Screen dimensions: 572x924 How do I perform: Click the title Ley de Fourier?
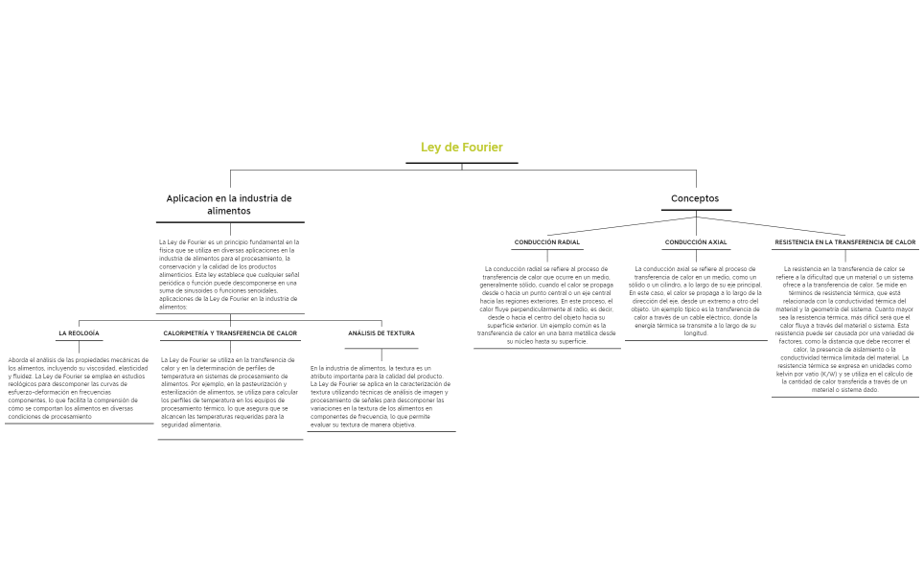461,148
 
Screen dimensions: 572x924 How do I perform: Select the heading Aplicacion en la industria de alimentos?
229,204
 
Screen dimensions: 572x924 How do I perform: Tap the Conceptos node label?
695,198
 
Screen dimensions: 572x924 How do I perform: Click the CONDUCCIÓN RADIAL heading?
546,242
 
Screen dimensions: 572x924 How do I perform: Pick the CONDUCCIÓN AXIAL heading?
695,242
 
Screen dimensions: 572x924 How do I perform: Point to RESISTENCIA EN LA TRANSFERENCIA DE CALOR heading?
844,242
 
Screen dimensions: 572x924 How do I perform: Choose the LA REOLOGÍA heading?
79,333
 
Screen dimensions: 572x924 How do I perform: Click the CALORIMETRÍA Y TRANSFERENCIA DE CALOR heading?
230,333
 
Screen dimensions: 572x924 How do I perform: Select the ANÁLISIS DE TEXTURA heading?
381,333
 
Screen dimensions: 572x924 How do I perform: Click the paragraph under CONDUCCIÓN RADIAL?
546,305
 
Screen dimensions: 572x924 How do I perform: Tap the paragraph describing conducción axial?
695,301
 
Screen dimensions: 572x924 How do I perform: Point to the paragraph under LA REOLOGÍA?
79,388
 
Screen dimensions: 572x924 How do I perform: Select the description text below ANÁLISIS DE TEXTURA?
381,396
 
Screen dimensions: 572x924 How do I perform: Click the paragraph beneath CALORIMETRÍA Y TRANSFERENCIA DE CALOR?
230,392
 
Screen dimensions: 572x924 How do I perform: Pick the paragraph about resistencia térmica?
844,330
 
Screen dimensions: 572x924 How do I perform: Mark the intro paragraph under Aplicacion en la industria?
229,274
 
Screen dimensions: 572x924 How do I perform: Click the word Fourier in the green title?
481,148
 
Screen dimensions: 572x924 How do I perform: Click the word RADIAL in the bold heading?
566,242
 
